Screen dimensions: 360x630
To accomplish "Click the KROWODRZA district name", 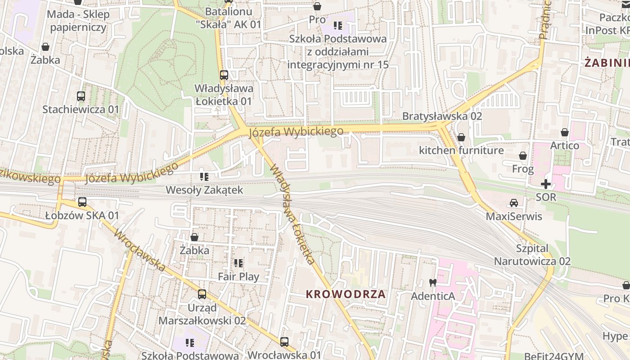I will coord(346,294).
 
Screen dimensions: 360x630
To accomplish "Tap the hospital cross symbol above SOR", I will coord(546,184).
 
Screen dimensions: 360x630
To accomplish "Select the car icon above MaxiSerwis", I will coord(514,203).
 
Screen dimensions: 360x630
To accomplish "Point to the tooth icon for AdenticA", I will coord(433,283).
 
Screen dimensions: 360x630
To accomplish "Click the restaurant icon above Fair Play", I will coord(238,263).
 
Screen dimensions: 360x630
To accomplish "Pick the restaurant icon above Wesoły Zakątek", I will coord(204,177).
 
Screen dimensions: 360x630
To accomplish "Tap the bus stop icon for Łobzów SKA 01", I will coord(82,202).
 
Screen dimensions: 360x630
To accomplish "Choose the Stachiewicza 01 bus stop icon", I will coord(81,96).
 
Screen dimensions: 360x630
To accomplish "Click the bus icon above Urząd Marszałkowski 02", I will coord(202,294).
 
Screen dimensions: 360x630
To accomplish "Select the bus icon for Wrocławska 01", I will coord(284,342).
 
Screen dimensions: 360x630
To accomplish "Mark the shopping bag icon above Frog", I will coord(523,156).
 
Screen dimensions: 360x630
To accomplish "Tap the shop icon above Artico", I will coord(565,133).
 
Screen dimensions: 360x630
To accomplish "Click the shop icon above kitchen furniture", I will coord(461,137).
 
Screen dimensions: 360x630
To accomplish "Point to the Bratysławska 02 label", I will coord(442,116).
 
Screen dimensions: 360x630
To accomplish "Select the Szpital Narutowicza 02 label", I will coord(532,255).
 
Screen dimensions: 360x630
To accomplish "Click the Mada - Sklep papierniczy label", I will coord(79,21).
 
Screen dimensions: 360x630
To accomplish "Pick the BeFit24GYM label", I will coord(553,355).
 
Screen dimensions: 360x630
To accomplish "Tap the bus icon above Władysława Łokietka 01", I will coord(224,75).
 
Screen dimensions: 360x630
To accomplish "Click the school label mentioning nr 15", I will coord(337,52).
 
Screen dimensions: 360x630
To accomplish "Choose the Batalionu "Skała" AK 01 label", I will coord(229,18).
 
